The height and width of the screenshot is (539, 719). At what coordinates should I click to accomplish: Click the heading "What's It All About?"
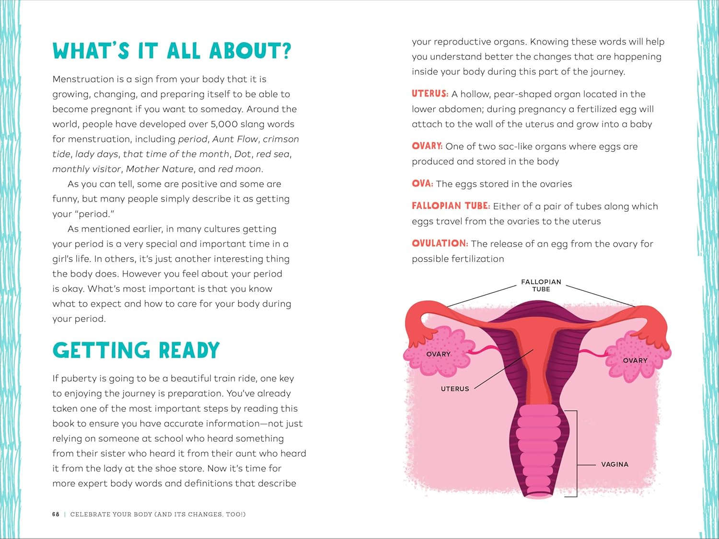pyautogui.click(x=172, y=51)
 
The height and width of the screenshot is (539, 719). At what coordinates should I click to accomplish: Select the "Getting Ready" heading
pyautogui.click(x=136, y=351)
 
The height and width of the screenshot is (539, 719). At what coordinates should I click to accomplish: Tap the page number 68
pyautogui.click(x=56, y=514)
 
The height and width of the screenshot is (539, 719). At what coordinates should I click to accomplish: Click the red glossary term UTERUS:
pyautogui.click(x=430, y=94)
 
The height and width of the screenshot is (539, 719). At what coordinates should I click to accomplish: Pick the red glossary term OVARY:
pyautogui.click(x=427, y=146)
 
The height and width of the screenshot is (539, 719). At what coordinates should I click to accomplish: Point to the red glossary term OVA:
pyautogui.click(x=422, y=183)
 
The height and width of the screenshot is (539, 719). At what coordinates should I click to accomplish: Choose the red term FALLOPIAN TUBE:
pyautogui.click(x=451, y=206)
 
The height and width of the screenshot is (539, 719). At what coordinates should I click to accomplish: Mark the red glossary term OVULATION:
pyautogui.click(x=440, y=243)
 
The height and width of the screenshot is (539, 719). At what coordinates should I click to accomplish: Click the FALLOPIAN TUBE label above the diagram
pyautogui.click(x=541, y=286)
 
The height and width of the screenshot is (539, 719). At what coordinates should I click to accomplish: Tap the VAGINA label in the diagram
pyautogui.click(x=615, y=464)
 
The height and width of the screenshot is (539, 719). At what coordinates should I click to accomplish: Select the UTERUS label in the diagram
pyautogui.click(x=455, y=389)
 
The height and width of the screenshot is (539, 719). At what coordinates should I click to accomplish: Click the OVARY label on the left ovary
pyautogui.click(x=438, y=354)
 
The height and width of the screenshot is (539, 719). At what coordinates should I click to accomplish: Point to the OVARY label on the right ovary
pyautogui.click(x=635, y=360)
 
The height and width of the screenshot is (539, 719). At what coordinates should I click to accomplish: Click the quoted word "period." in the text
pyautogui.click(x=94, y=214)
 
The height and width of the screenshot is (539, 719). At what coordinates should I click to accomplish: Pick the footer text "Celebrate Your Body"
pyautogui.click(x=111, y=514)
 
